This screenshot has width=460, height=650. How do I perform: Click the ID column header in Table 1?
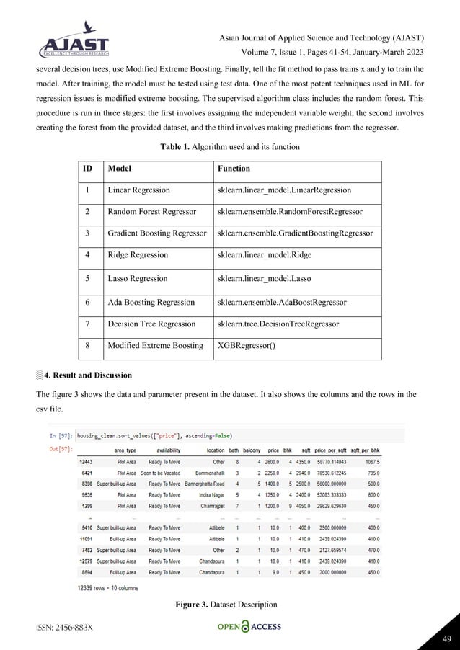pyautogui.click(x=87, y=169)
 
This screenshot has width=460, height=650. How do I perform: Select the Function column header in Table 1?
pyautogui.click(x=234, y=169)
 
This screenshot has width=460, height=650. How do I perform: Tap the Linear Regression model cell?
pyautogui.click(x=138, y=190)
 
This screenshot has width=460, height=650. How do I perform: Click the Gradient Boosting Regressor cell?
pyautogui.click(x=156, y=233)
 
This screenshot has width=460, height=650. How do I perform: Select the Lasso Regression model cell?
pyautogui.click(x=137, y=278)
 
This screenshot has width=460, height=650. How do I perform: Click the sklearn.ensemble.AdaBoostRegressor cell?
pyautogui.click(x=281, y=302)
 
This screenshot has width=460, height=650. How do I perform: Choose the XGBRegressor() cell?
pyautogui.click(x=247, y=345)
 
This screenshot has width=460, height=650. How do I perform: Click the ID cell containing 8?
pyautogui.click(x=87, y=345)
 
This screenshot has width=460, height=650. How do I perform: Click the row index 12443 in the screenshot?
pyautogui.click(x=87, y=462)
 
